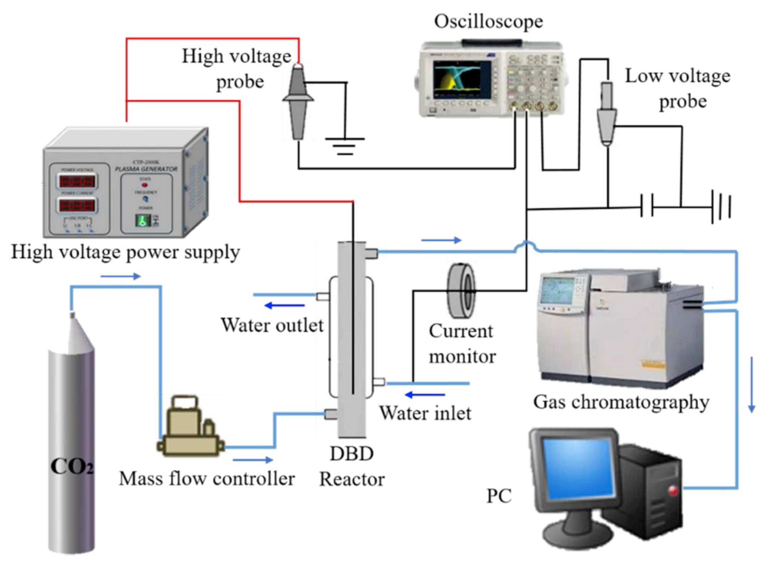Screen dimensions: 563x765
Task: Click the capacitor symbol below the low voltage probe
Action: [x=647, y=206]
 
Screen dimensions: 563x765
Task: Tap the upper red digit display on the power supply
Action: [x=77, y=182]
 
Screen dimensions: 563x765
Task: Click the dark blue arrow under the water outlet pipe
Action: [x=284, y=305]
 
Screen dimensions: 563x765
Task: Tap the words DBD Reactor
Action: [x=351, y=466]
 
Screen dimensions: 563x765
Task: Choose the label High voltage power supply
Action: [x=125, y=252]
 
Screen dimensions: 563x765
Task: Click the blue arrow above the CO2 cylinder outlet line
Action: [x=120, y=276]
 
